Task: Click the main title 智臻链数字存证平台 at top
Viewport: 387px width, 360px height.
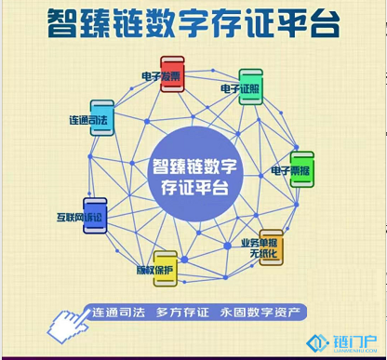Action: [x=193, y=25]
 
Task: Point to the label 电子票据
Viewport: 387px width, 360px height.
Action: [x=291, y=171]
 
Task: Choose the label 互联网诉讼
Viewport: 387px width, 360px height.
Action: [x=82, y=219]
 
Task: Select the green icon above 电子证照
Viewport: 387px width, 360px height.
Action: [x=250, y=78]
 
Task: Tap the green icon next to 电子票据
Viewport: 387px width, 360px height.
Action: [x=302, y=162]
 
